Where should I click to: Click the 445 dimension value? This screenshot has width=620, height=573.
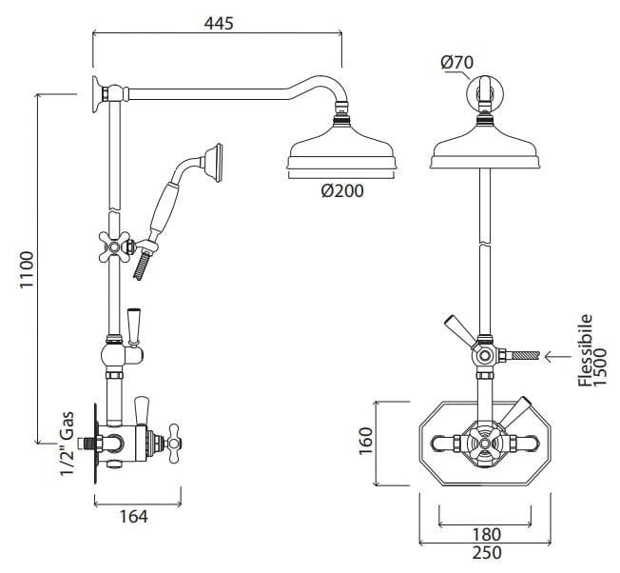[216, 22]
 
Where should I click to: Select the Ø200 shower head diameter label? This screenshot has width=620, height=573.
[341, 190]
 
